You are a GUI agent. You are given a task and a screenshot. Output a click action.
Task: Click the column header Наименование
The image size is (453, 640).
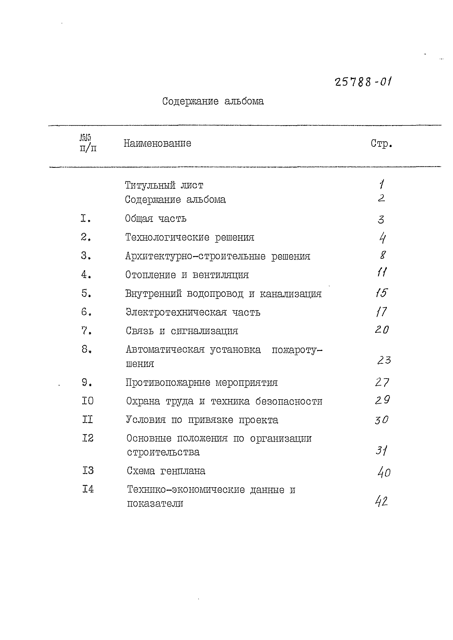157,143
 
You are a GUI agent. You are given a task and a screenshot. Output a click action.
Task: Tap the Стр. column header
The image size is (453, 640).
381,144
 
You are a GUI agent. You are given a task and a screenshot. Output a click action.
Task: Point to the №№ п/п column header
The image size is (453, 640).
88,143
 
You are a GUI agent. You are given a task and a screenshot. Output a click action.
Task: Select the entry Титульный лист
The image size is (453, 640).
164,185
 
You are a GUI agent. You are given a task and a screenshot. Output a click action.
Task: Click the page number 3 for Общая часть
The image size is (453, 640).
381,219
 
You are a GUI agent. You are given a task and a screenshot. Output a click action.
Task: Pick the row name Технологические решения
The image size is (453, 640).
190,237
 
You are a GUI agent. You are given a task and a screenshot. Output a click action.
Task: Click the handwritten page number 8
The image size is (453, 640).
383,255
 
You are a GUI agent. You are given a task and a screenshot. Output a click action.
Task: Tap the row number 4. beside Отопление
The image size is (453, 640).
86,275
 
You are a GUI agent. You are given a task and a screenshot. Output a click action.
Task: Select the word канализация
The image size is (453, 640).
291,294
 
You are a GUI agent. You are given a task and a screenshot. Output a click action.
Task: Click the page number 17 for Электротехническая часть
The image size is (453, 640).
381,312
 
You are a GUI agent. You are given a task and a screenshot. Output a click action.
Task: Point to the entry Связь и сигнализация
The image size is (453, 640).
182,331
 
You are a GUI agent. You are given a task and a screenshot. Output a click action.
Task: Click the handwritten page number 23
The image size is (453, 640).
384,360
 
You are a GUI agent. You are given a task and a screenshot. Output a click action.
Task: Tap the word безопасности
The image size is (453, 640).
289,401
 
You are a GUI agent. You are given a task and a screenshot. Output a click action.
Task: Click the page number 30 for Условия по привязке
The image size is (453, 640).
382,419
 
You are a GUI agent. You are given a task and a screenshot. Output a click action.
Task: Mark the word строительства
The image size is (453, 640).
163,452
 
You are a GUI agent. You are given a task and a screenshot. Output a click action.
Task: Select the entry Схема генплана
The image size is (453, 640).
166,471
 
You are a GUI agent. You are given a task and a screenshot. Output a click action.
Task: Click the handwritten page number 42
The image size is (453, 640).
382,501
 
